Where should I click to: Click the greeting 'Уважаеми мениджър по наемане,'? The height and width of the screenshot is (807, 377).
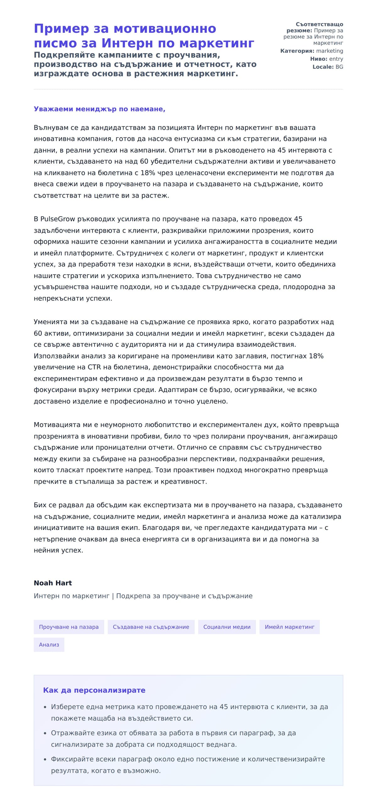[x=99, y=109]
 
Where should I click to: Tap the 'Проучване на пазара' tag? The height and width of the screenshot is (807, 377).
[x=68, y=627]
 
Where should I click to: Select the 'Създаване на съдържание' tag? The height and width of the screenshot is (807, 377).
[x=151, y=627]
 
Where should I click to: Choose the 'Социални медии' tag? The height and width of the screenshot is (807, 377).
[x=227, y=627]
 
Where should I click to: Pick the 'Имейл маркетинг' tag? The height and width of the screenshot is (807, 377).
[x=289, y=627]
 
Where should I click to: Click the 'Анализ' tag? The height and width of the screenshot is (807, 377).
[x=49, y=645]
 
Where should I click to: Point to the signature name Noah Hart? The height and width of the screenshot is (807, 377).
[x=53, y=583]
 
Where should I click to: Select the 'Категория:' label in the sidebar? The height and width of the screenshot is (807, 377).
[x=297, y=51]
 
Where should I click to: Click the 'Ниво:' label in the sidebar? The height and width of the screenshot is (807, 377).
[x=319, y=59]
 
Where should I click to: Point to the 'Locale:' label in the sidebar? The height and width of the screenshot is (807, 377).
[x=323, y=67]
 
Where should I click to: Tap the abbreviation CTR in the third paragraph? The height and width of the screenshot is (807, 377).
[x=94, y=367]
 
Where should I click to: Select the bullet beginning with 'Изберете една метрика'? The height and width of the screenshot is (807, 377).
[x=189, y=707]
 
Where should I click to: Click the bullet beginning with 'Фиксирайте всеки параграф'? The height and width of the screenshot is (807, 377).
[x=188, y=759]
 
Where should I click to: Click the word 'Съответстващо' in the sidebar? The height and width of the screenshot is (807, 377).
[x=319, y=25]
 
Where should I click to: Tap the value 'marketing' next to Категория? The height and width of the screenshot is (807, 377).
[x=330, y=51]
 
